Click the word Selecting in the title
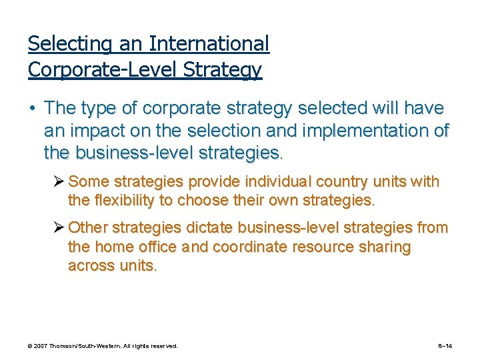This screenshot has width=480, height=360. (63, 44)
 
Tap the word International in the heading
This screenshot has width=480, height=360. (209, 44)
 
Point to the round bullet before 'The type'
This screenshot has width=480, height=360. (33, 108)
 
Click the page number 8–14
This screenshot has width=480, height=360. (445, 347)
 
